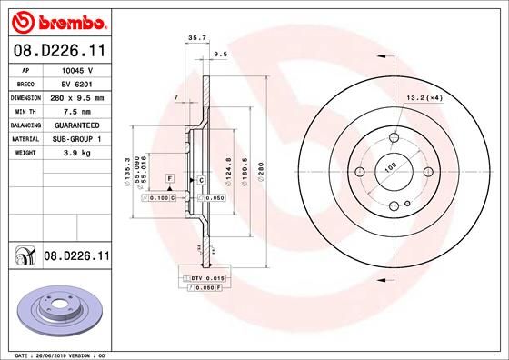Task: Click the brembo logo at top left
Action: [55, 19]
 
